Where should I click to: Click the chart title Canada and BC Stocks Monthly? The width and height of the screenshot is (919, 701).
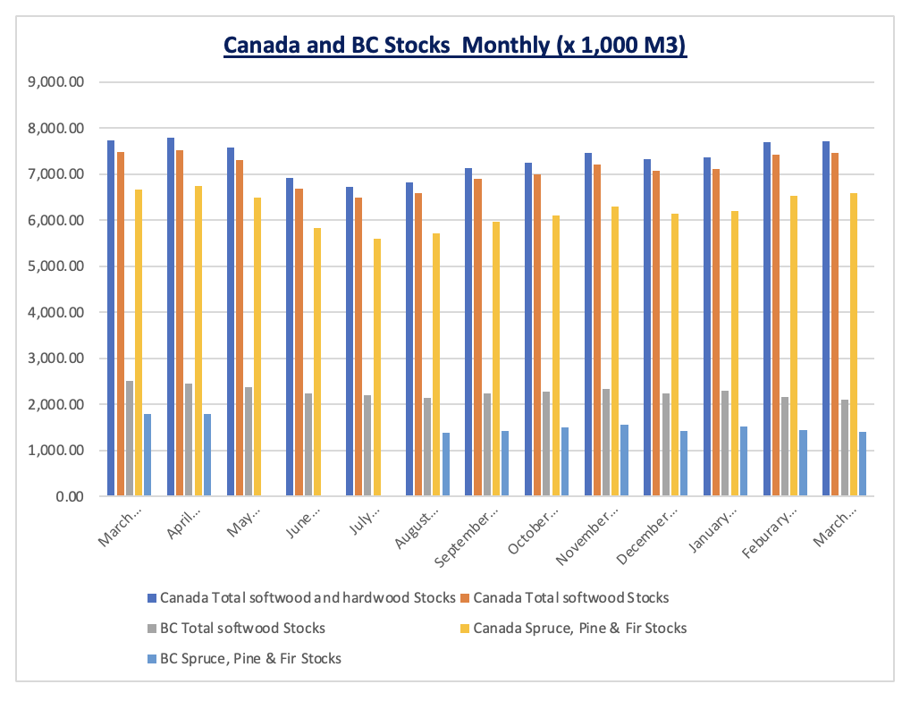point(455,46)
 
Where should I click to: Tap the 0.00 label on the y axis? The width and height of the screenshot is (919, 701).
point(66,496)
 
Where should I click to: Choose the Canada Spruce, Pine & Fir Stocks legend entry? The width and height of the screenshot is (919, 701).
point(580,628)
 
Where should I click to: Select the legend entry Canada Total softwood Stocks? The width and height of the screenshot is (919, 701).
point(571,596)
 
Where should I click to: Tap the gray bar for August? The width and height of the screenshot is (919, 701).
point(428,447)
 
